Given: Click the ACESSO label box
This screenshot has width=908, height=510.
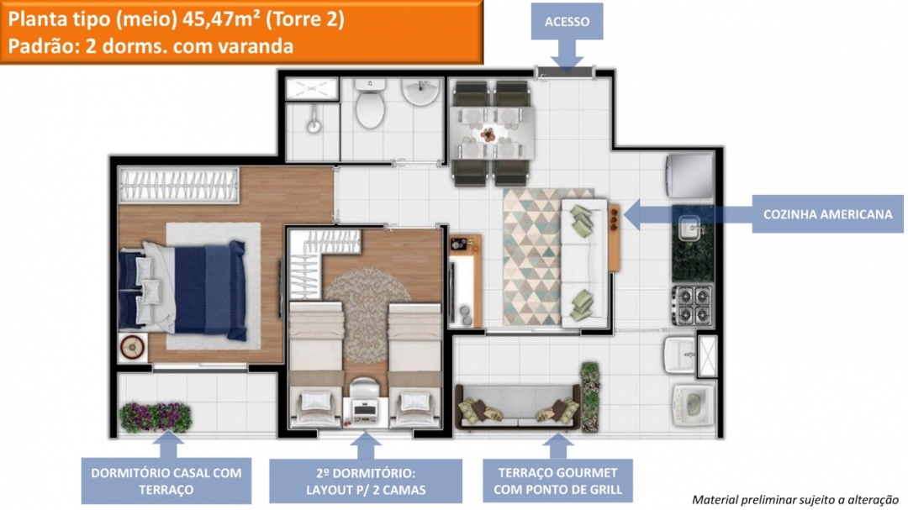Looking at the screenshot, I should click(x=567, y=22).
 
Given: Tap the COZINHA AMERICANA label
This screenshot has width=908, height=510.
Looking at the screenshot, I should click(x=827, y=214).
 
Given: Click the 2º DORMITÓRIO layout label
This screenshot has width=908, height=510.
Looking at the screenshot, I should click(x=365, y=481).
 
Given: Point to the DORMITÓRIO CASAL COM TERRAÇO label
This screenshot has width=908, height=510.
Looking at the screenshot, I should click(x=166, y=481).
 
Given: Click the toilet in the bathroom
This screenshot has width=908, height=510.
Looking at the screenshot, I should click(x=369, y=104).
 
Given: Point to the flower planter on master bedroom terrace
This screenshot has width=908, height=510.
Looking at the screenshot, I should click(x=156, y=417).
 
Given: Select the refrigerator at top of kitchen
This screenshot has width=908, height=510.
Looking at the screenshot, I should click(x=690, y=176).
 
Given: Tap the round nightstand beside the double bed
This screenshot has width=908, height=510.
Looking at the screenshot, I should click(x=132, y=346).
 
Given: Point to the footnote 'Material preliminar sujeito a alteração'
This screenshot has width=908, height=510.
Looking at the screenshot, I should click(x=794, y=499).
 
